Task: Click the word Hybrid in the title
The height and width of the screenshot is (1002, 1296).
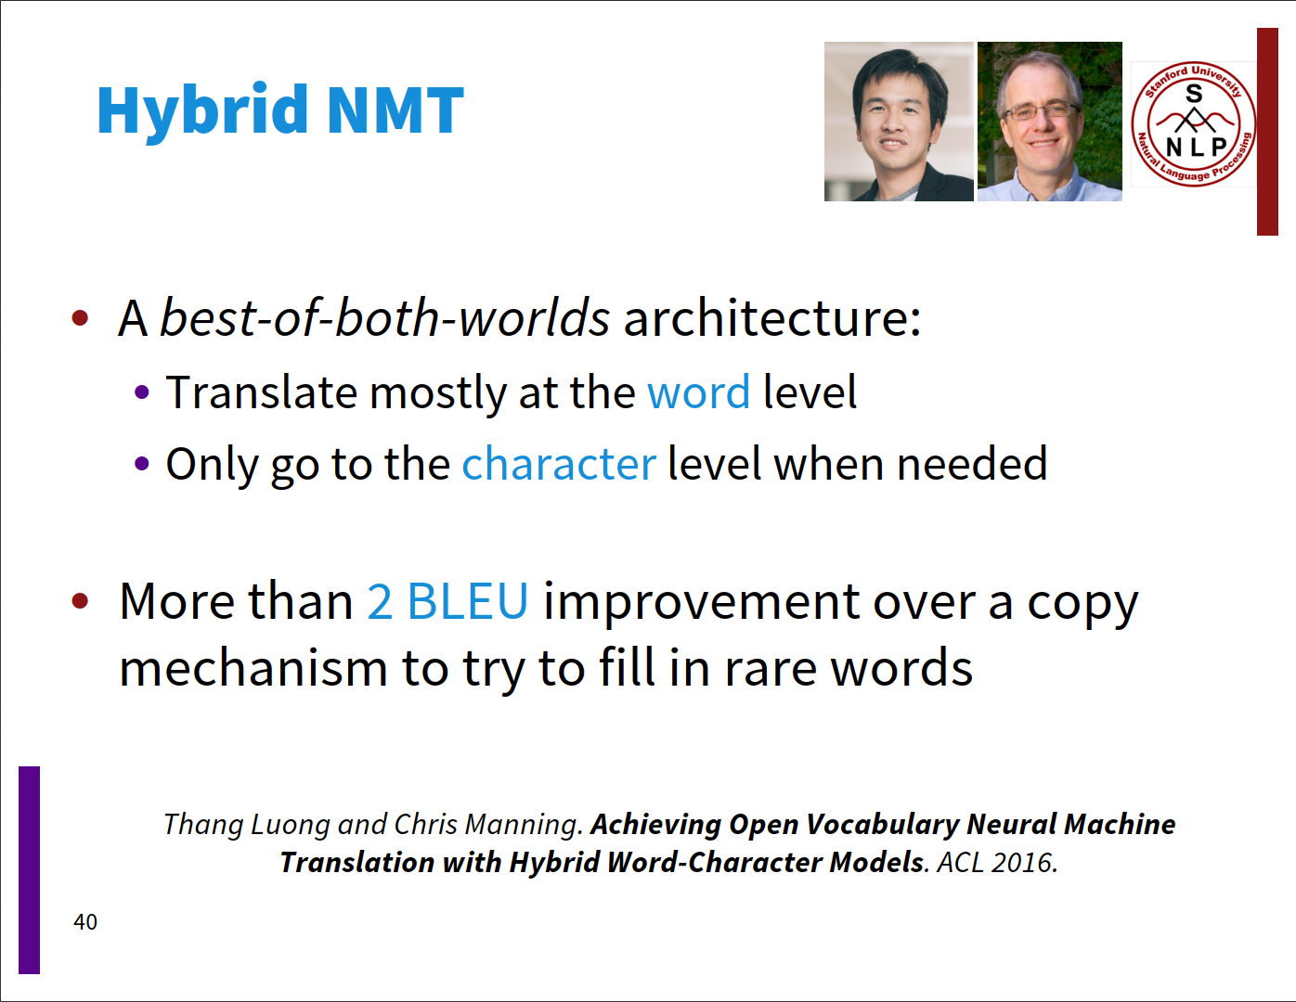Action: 202,111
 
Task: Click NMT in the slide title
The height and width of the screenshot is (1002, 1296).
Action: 395,110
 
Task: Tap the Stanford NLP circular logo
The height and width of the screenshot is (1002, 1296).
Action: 1194,124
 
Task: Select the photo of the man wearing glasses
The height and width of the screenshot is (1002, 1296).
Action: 1050,122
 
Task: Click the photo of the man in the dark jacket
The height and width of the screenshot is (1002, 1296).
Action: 899,122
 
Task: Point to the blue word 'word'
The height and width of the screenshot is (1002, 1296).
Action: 698,392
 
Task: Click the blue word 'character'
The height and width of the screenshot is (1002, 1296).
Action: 559,464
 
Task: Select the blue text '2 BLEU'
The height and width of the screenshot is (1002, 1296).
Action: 447,601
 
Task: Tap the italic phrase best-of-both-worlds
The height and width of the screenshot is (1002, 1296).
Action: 384,317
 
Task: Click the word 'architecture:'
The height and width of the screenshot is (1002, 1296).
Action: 772,317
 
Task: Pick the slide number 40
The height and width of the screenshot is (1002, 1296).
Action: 85,922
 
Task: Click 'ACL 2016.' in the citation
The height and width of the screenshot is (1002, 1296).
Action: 997,863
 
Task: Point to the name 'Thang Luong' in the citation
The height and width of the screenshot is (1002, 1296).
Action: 246,825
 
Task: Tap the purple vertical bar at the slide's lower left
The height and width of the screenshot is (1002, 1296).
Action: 29,870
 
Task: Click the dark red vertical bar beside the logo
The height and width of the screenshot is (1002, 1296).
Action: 1267,132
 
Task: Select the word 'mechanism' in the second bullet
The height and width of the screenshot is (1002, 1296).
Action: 253,668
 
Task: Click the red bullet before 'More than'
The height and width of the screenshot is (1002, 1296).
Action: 80,601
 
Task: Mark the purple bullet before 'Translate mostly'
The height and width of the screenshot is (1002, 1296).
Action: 142,392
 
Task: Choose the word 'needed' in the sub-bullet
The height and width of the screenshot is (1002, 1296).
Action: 972,464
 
